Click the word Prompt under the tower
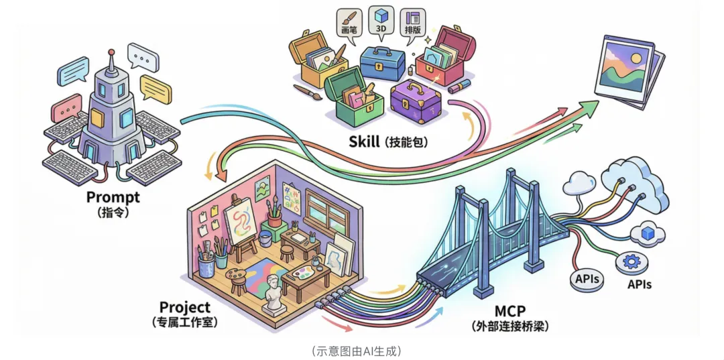click(x=113, y=197)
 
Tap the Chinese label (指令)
click(x=113, y=213)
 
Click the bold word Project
click(x=184, y=308)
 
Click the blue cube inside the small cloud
click(x=648, y=232)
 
